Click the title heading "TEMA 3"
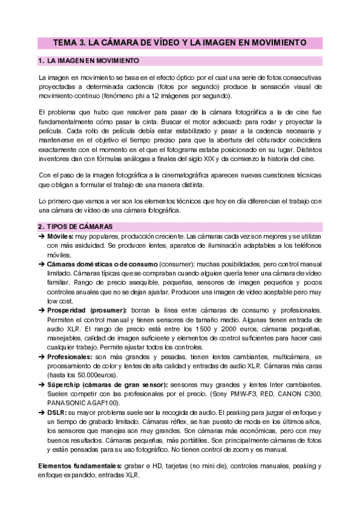[69, 43]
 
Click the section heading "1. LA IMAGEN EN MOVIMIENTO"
[88, 61]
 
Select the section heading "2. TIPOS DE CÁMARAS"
[75, 226]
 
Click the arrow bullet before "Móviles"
[41, 236]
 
